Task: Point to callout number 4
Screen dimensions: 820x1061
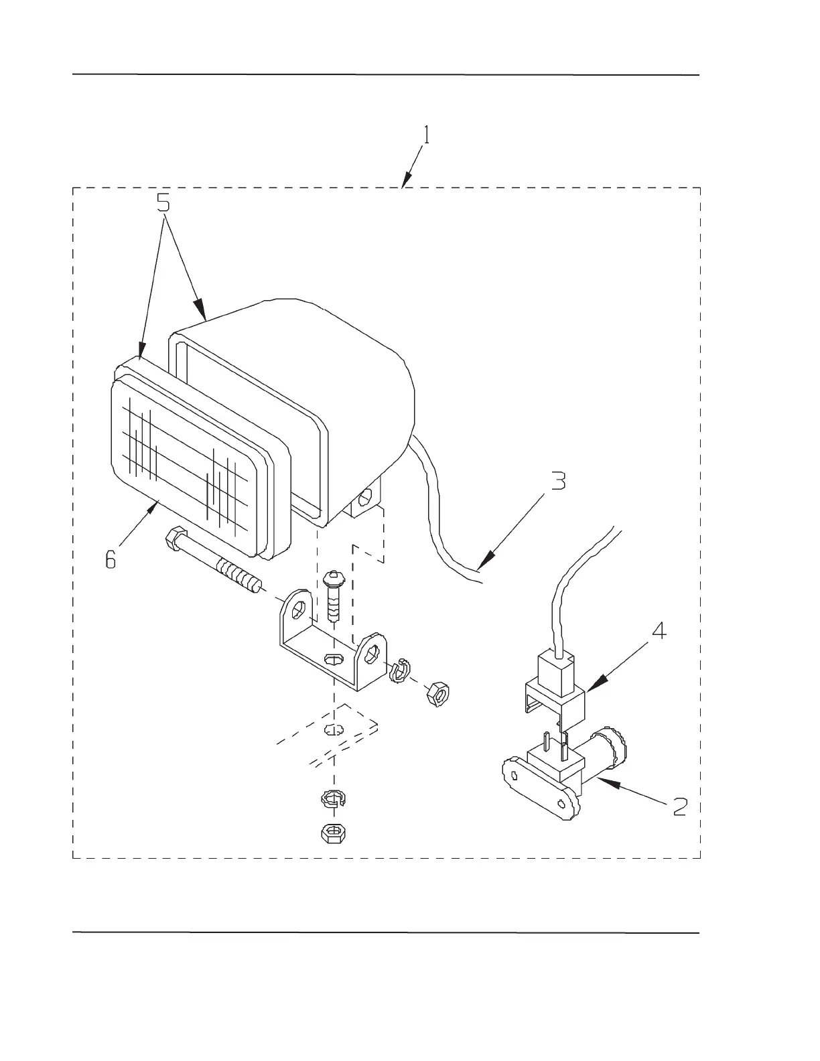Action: tap(660, 631)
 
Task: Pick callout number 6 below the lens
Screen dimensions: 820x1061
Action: tap(111, 558)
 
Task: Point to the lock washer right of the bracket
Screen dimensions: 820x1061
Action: tap(400, 670)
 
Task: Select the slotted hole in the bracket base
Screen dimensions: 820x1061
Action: tap(332, 659)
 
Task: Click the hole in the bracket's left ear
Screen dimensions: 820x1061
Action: tap(298, 609)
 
